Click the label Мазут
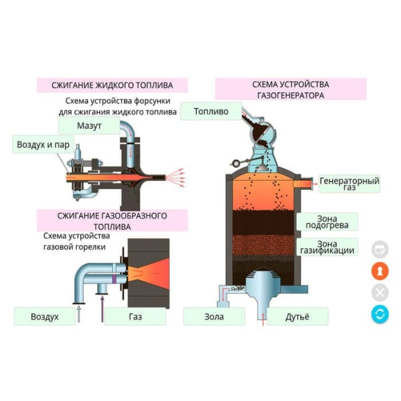click(88, 126)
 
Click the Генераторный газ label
click(349, 184)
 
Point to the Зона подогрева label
click(327, 222)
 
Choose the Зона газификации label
click(327, 247)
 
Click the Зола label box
click(214, 316)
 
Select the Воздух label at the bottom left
click(45, 316)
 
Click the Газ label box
click(135, 316)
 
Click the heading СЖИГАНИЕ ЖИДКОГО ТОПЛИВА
click(112, 86)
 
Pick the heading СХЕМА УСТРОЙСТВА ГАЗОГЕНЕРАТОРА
click(291, 90)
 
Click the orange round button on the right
click(380, 271)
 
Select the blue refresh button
click(380, 313)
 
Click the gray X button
click(380, 292)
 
